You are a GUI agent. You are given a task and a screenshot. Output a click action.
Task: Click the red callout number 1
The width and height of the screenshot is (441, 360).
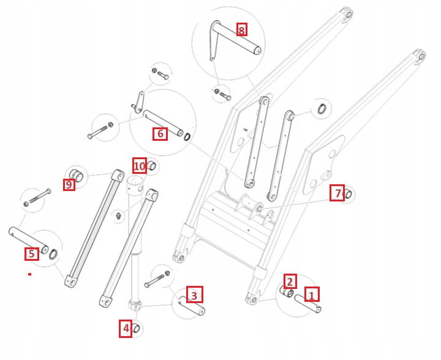point(311,295)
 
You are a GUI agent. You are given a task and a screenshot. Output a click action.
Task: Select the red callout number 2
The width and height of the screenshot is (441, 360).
point(290,281)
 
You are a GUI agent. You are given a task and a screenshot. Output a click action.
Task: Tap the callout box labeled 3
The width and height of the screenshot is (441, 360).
point(194,295)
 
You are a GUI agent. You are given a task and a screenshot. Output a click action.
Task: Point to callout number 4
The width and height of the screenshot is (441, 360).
point(126,329)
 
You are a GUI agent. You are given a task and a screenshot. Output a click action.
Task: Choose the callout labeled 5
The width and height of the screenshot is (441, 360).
point(32,253)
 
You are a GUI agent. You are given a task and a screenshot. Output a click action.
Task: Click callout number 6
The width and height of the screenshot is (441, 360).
point(160,133)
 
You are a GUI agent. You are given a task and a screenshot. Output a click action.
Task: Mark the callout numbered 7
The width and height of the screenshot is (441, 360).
point(337,193)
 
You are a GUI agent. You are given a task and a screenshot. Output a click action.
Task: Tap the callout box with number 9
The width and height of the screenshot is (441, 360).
point(69,184)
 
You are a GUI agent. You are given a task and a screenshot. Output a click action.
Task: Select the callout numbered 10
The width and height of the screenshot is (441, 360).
point(140,165)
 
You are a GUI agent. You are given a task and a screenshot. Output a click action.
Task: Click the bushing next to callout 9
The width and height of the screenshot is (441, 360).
point(77,173)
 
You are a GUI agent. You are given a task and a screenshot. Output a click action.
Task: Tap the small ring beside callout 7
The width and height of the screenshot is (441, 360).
point(347,195)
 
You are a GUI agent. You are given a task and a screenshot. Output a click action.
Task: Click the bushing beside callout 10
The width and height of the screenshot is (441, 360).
point(152,166)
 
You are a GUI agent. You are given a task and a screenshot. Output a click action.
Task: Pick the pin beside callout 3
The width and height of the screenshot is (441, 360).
point(192,306)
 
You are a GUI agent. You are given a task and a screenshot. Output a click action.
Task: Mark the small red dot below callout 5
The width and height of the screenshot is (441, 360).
point(29,274)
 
